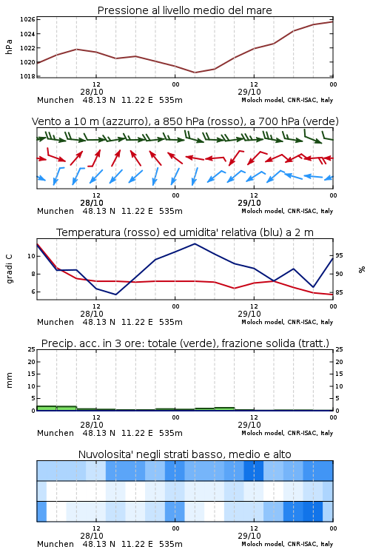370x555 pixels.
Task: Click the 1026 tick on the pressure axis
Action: coord(27,19)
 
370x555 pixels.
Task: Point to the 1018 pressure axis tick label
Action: coord(27,76)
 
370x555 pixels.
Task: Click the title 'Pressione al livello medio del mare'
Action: coord(185,10)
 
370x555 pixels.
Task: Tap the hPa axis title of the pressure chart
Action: coord(9,47)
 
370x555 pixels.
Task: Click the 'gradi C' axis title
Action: coord(9,269)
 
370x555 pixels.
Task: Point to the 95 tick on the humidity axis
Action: coord(339,255)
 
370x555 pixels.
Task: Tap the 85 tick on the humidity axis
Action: coord(339,293)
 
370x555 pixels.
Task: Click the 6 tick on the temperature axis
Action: coord(33,292)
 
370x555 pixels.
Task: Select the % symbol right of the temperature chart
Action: coord(362,269)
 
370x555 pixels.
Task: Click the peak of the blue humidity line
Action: coord(195,244)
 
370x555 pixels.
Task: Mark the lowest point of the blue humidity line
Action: coord(115,295)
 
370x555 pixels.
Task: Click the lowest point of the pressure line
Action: coord(195,73)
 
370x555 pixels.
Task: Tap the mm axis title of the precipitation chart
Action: coord(9,380)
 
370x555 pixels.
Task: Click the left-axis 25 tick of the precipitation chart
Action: coord(31,350)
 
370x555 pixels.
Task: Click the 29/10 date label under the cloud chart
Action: coord(249,536)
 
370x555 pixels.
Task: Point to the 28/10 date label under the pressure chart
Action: coord(92,92)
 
